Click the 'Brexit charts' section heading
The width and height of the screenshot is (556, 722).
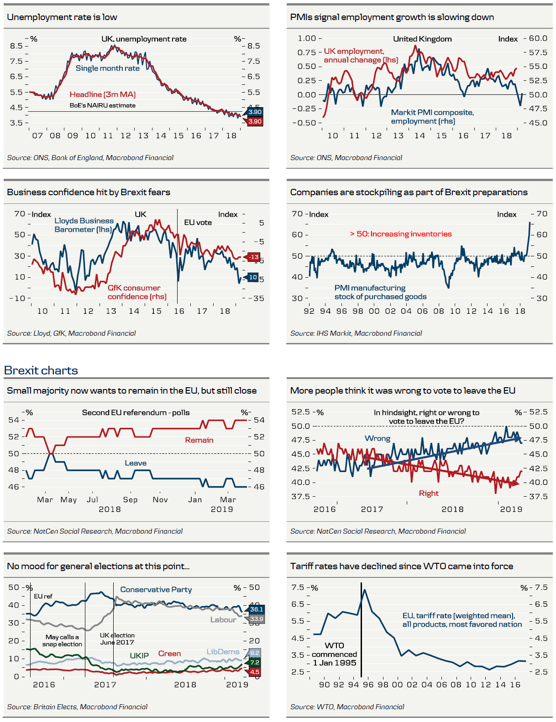[x=41, y=370]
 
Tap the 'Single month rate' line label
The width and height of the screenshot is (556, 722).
[x=108, y=68]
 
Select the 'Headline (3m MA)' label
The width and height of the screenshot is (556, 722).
[x=103, y=94]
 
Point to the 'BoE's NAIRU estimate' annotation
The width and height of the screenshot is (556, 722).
[x=103, y=105]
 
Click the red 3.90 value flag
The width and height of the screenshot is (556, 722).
[x=255, y=122]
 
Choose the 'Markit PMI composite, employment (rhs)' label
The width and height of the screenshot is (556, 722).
[x=432, y=117]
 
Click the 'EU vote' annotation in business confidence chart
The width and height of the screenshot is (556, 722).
[x=198, y=223]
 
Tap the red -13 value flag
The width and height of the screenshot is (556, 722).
[x=254, y=257]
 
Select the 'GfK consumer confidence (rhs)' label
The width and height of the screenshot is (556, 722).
[x=137, y=292]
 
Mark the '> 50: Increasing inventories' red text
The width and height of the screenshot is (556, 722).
[x=401, y=234]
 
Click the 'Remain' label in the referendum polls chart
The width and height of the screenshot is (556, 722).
[x=199, y=440]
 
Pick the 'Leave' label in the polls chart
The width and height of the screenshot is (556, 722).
[x=136, y=463]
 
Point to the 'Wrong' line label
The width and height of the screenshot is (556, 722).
[x=378, y=438]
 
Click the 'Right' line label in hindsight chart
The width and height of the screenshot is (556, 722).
[x=429, y=493]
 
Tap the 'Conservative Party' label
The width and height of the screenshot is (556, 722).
[x=156, y=590]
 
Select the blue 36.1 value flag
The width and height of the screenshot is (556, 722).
[x=256, y=609]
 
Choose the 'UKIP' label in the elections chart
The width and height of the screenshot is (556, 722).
[x=139, y=656]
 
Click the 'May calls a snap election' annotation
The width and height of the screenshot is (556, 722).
[x=62, y=641]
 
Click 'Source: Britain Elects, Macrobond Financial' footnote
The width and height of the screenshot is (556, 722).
[x=77, y=707]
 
